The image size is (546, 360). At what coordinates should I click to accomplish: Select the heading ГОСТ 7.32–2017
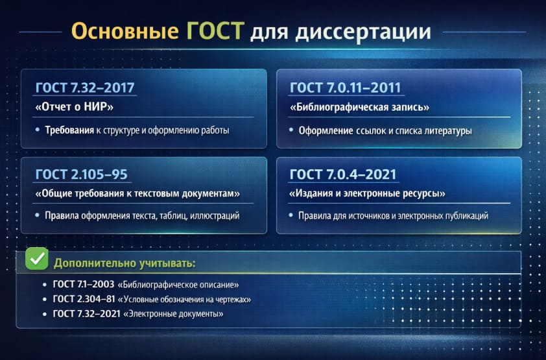point(86,88)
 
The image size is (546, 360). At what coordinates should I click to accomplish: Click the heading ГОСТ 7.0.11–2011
point(345,88)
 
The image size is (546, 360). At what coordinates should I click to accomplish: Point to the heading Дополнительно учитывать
point(125,263)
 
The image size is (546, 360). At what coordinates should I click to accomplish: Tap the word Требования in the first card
point(69,130)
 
